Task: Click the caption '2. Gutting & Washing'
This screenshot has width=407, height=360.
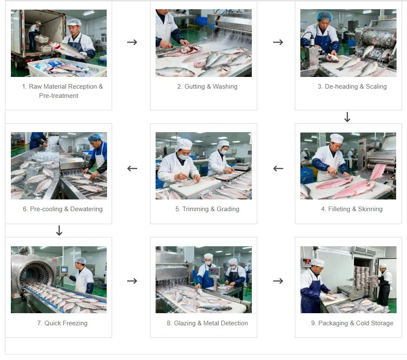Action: (x=207, y=87)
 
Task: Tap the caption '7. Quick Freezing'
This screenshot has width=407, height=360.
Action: (x=62, y=323)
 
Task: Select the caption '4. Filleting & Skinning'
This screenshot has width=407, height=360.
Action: (x=352, y=209)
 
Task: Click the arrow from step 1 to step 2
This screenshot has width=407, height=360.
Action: (x=132, y=42)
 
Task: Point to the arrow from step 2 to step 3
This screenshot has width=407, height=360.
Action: (x=278, y=42)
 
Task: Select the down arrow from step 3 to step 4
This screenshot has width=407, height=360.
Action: (x=347, y=117)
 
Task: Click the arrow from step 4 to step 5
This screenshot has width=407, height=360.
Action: (x=278, y=169)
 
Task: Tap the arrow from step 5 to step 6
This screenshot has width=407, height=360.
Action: (x=132, y=169)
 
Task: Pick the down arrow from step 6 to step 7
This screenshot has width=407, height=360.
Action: (x=59, y=231)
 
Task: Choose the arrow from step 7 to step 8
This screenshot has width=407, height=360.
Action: (x=132, y=281)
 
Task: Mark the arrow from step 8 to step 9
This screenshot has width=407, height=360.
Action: (x=278, y=281)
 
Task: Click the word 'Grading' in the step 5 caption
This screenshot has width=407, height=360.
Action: (x=228, y=209)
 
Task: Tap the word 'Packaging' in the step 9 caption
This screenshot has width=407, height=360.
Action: (x=333, y=323)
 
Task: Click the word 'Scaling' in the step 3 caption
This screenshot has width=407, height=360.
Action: (x=376, y=87)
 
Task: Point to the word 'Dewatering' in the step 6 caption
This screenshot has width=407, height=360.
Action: (x=87, y=209)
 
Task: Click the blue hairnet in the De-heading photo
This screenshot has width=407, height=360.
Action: (x=324, y=16)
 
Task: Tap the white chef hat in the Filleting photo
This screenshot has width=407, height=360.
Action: (x=336, y=138)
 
